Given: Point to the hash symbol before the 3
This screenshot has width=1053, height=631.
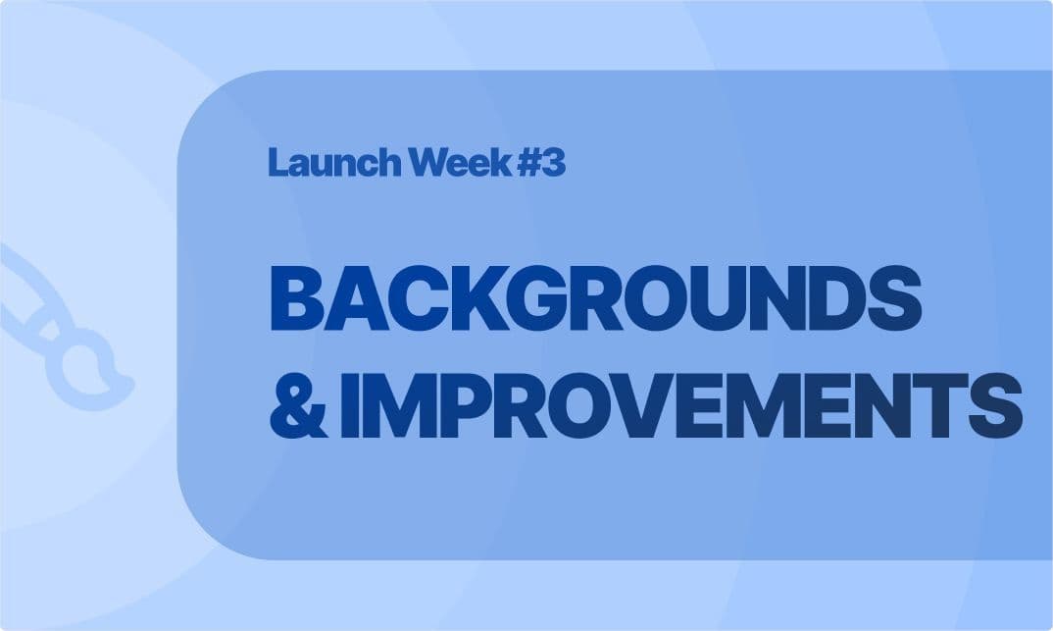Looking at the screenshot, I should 528,163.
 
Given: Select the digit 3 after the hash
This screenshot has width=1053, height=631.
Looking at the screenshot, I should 554,163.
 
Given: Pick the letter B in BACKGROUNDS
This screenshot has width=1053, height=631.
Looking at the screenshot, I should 295,299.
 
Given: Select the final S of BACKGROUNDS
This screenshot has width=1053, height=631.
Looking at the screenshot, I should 901,299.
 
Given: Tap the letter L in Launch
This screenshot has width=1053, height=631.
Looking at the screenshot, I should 277,163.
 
